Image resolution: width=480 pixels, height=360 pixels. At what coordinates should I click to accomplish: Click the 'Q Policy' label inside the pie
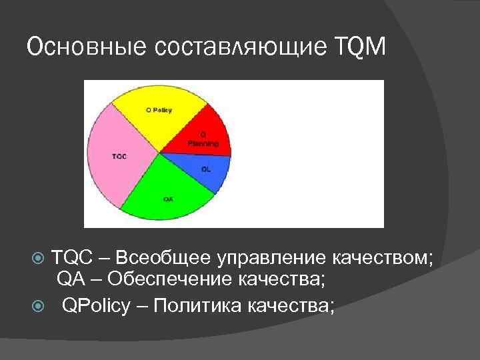coord(159,110)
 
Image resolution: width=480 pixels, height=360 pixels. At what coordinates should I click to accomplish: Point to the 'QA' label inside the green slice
coord(168,199)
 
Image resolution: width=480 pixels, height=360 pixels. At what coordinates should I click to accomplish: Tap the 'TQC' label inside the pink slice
coord(119,157)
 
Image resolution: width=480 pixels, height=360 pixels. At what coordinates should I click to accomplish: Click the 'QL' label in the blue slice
coord(206,169)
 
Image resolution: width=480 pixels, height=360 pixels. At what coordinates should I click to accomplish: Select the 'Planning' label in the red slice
coord(203,143)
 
